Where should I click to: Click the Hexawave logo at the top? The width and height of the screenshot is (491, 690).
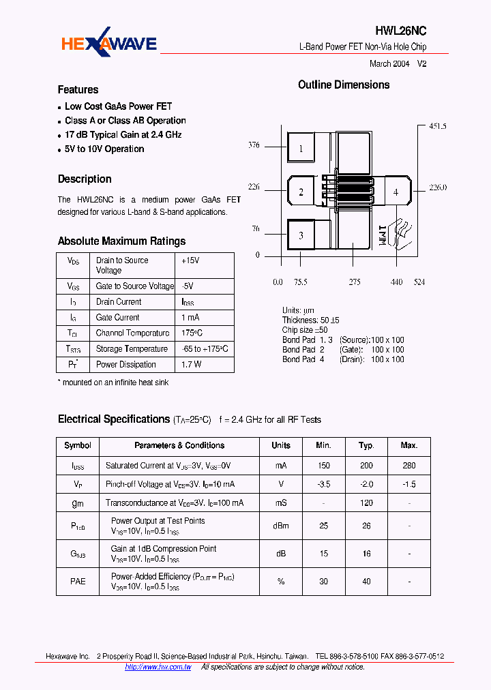pyautogui.click(x=109, y=46)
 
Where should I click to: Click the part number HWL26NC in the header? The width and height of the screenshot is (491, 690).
pyautogui.click(x=401, y=31)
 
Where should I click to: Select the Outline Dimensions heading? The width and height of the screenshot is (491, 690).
pyautogui.click(x=344, y=85)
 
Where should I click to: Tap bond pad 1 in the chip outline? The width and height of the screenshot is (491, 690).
pyautogui.click(x=301, y=149)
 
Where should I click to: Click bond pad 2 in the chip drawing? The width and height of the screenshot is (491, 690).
pyautogui.click(x=301, y=192)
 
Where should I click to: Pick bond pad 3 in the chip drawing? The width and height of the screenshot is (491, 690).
pyautogui.click(x=301, y=236)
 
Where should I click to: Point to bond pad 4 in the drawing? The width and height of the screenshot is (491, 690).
pyautogui.click(x=396, y=192)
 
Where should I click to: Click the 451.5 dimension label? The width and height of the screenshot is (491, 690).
pyautogui.click(x=437, y=127)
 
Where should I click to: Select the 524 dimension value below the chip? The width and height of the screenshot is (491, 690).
pyautogui.click(x=418, y=282)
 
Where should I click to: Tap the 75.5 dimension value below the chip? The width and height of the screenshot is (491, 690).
pyautogui.click(x=301, y=282)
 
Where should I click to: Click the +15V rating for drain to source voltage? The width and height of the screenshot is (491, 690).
pyautogui.click(x=190, y=260)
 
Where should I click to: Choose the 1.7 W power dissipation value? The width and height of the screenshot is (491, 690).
pyautogui.click(x=192, y=365)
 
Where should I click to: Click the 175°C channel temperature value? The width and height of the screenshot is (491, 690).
pyautogui.click(x=192, y=333)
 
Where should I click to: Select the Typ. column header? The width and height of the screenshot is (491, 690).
pyautogui.click(x=366, y=445)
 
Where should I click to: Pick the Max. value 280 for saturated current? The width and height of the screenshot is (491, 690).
pyautogui.click(x=409, y=466)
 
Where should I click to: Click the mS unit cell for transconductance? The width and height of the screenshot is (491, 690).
pyautogui.click(x=281, y=502)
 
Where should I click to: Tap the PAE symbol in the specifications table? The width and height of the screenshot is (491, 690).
pyautogui.click(x=78, y=581)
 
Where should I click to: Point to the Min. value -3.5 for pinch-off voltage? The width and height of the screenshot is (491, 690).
pyautogui.click(x=323, y=484)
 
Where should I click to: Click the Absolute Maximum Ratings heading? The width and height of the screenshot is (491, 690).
pyautogui.click(x=121, y=241)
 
